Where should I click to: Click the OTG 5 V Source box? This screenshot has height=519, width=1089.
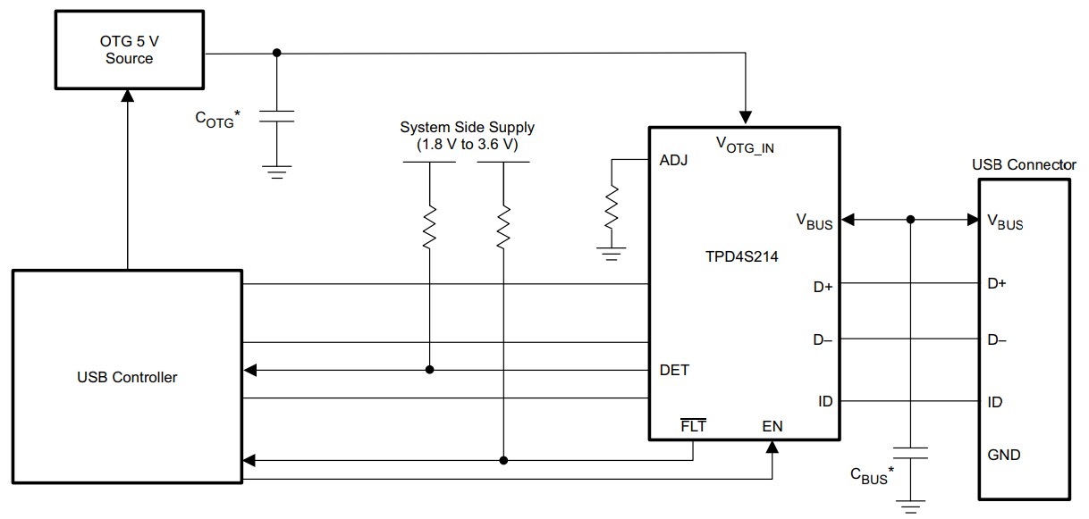pyautogui.click(x=130, y=50)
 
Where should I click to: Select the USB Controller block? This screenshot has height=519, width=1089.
pyautogui.click(x=126, y=377)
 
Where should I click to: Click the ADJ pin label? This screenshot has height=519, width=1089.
pyautogui.click(x=673, y=161)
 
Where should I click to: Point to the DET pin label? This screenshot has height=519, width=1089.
pyautogui.click(x=674, y=370)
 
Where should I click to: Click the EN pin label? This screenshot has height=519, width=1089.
pyautogui.click(x=772, y=426)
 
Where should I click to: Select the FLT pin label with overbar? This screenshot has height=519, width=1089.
pyautogui.click(x=693, y=426)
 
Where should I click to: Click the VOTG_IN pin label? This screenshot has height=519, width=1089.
pyautogui.click(x=745, y=145)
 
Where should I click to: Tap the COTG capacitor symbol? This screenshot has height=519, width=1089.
pyautogui.click(x=276, y=116)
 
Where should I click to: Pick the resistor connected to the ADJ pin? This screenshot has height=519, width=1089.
pyautogui.click(x=612, y=206)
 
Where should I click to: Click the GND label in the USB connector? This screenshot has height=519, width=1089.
pyautogui.click(x=1003, y=455)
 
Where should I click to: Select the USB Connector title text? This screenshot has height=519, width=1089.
pyautogui.click(x=1024, y=165)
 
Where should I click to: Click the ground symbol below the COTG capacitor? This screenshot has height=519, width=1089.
pyautogui.click(x=276, y=172)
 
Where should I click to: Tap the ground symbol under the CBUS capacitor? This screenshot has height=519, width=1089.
pyautogui.click(x=911, y=507)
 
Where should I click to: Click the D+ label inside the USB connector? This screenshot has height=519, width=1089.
pyautogui.click(x=997, y=284)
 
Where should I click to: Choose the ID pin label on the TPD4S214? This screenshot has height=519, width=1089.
pyautogui.click(x=824, y=401)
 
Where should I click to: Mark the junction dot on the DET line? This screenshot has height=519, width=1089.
pyautogui.click(x=430, y=370)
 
